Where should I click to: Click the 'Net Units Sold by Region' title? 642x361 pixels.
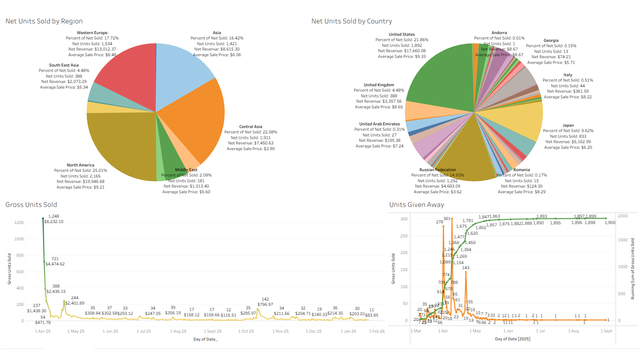(x=44, y=21)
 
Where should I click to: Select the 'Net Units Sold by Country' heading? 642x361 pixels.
(x=351, y=21)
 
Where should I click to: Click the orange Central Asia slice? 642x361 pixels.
(x=197, y=117)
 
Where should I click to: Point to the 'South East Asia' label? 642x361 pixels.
(x=64, y=65)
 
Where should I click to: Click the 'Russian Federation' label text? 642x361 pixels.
(x=437, y=170)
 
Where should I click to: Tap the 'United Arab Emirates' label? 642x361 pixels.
(x=380, y=124)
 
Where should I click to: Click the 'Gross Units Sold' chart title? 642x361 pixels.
(x=31, y=205)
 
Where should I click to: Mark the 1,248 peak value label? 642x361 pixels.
(x=53, y=216)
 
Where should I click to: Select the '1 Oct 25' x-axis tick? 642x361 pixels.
(x=246, y=331)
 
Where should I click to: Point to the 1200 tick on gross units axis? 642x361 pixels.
(x=19, y=223)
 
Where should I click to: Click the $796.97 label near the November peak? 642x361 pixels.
(x=265, y=305)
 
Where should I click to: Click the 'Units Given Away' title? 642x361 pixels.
(x=417, y=205)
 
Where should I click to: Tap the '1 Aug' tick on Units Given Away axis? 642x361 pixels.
(x=573, y=331)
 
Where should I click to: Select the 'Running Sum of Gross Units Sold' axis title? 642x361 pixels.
(x=632, y=268)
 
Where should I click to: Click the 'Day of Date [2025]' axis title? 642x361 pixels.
(x=513, y=339)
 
